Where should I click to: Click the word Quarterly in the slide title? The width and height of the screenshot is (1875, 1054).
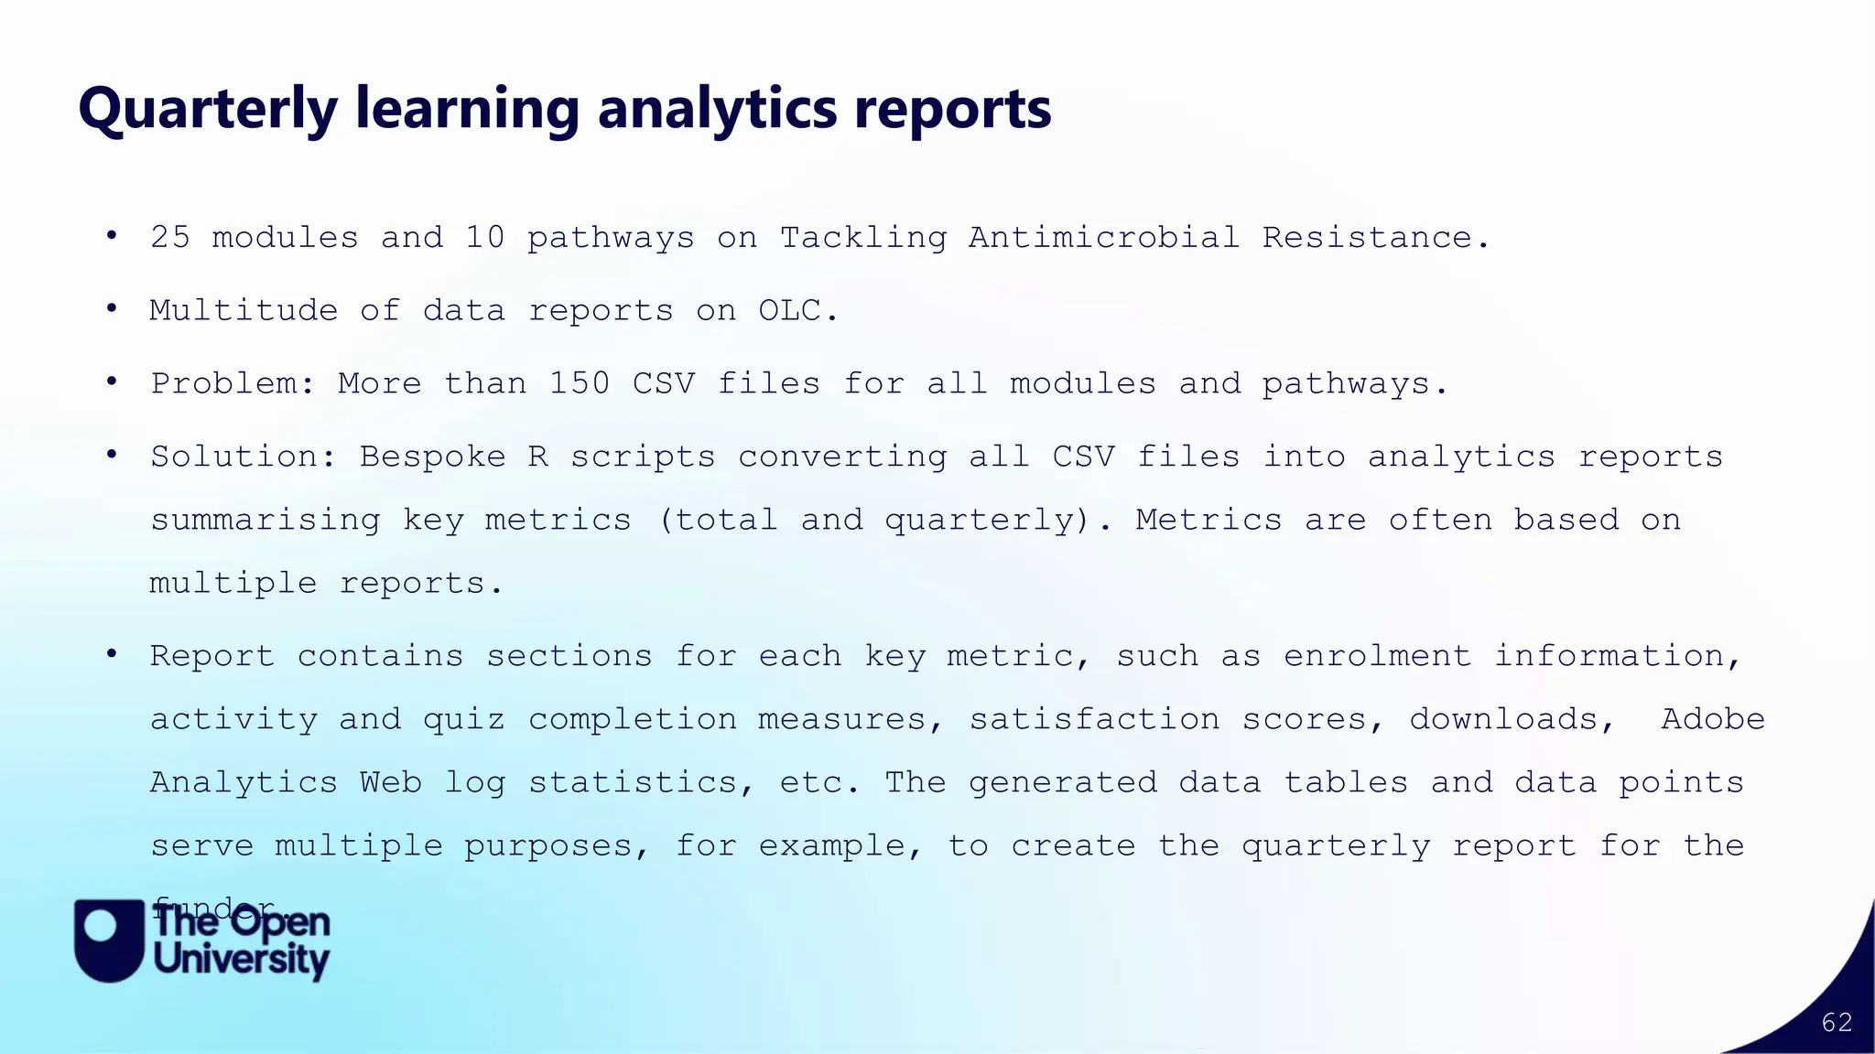(x=208, y=109)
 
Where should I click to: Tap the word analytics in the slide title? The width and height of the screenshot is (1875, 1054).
(x=717, y=109)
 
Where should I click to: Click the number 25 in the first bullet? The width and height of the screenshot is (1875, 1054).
(x=170, y=238)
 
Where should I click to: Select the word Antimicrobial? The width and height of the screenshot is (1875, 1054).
(x=1104, y=238)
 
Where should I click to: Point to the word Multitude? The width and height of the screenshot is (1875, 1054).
(x=244, y=311)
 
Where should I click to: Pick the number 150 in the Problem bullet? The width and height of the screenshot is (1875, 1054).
(x=580, y=383)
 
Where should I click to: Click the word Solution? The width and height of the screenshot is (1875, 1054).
(x=244, y=457)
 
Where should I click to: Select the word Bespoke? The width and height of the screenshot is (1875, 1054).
(x=432, y=457)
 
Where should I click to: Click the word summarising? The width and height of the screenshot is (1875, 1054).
(x=266, y=521)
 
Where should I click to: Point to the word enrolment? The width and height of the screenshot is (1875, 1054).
(x=1377, y=656)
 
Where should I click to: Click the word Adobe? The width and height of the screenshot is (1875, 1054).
(x=1713, y=719)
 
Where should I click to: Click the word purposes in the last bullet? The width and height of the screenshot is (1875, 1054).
(x=547, y=846)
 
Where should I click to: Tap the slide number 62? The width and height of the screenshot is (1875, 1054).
(x=1837, y=1023)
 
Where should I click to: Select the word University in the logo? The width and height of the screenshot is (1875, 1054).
(x=242, y=960)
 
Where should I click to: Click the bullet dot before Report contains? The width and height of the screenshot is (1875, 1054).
(x=112, y=654)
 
